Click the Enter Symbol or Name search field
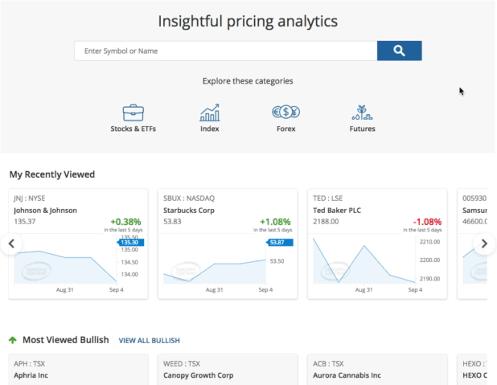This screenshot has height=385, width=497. coord(225,51)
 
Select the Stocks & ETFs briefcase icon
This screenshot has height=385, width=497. coord(133,113)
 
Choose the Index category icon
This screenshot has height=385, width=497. coord(209,113)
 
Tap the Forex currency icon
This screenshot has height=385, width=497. coord(285,113)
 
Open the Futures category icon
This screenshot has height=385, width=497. coord(362,113)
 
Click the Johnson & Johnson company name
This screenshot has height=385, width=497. coord(45,211)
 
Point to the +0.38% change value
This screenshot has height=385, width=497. coord(126,221)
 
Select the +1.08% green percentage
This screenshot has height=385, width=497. coord(276,221)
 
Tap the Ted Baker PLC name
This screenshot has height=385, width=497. coord(337,211)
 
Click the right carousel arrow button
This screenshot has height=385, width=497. coord(483,244)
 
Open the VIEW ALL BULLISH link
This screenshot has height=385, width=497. coord(150,341)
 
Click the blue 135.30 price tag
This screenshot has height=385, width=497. coord(130,242)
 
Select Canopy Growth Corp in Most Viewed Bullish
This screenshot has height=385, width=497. coord(199,375)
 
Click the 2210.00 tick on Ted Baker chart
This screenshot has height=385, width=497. coord(429,241)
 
